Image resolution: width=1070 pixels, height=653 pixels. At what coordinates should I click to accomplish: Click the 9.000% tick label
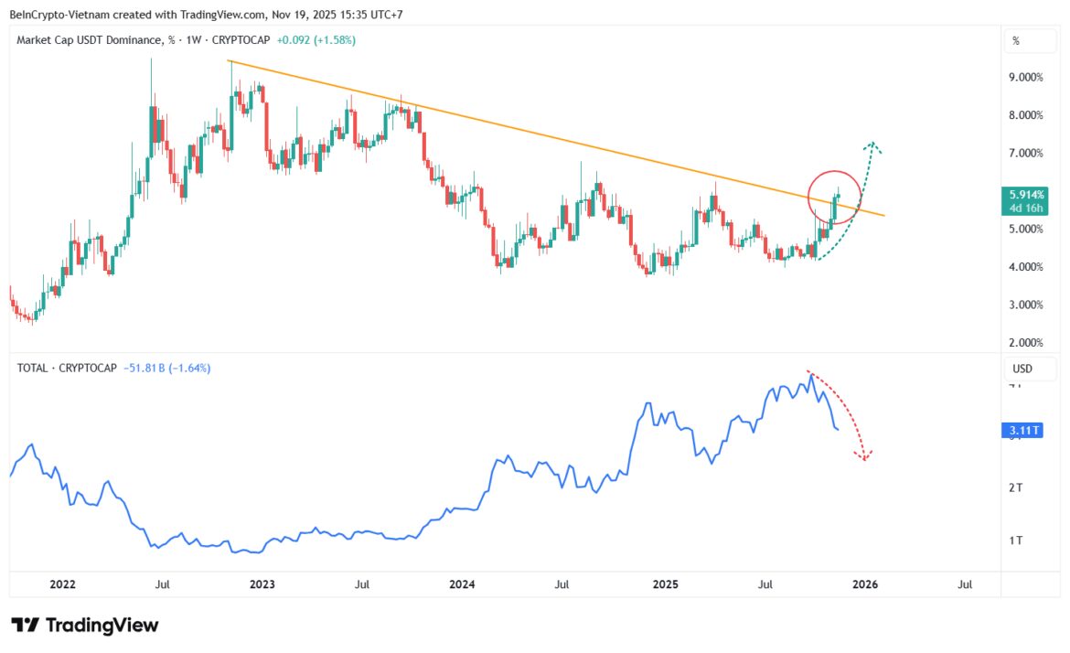pyautogui.click(x=1025, y=78)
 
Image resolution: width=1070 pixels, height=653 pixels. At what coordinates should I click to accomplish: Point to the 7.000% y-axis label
pyautogui.click(x=1025, y=153)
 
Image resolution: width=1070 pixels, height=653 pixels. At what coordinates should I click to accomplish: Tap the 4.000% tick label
pyautogui.click(x=1025, y=267)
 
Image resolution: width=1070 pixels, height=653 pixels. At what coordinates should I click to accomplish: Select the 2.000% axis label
pyautogui.click(x=1025, y=343)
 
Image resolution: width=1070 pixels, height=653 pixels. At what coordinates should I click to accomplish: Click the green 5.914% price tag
pyautogui.click(x=1023, y=195)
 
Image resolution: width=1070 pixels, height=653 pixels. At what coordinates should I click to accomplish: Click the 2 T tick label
pyautogui.click(x=1014, y=488)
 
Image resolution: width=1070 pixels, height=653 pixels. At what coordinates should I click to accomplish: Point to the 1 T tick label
pyautogui.click(x=1014, y=541)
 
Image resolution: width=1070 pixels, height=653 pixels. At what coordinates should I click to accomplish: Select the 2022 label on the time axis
pyautogui.click(x=62, y=583)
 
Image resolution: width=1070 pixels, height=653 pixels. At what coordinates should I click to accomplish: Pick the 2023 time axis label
pyautogui.click(x=262, y=583)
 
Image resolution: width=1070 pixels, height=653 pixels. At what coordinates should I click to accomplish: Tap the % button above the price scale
pyautogui.click(x=1016, y=41)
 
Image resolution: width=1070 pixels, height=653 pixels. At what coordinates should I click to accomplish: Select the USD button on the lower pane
pyautogui.click(x=1022, y=369)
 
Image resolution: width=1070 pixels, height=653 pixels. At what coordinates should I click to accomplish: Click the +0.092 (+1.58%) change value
pyautogui.click(x=316, y=40)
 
